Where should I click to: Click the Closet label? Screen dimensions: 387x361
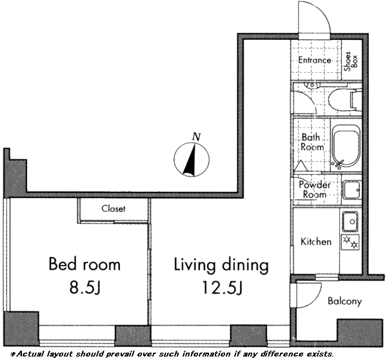(114, 209)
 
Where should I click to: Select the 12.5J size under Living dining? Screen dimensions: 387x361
(223, 288)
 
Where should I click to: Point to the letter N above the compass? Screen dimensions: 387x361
(197, 137)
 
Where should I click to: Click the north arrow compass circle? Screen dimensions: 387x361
(192, 160)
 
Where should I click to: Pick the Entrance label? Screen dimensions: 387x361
(315, 60)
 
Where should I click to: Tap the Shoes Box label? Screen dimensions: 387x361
(351, 61)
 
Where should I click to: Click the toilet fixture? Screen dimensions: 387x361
(344, 100)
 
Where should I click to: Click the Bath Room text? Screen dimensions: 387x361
(312, 142)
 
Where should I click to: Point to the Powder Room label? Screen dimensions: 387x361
(315, 190)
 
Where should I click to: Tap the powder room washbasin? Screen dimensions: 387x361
(352, 190)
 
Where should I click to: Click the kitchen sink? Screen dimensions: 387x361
(350, 221)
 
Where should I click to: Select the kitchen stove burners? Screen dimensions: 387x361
(350, 242)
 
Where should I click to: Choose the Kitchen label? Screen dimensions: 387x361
(316, 242)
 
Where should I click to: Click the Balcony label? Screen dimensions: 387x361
(345, 301)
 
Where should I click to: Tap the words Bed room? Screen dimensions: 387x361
(84, 264)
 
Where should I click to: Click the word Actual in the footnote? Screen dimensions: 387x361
(28, 354)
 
